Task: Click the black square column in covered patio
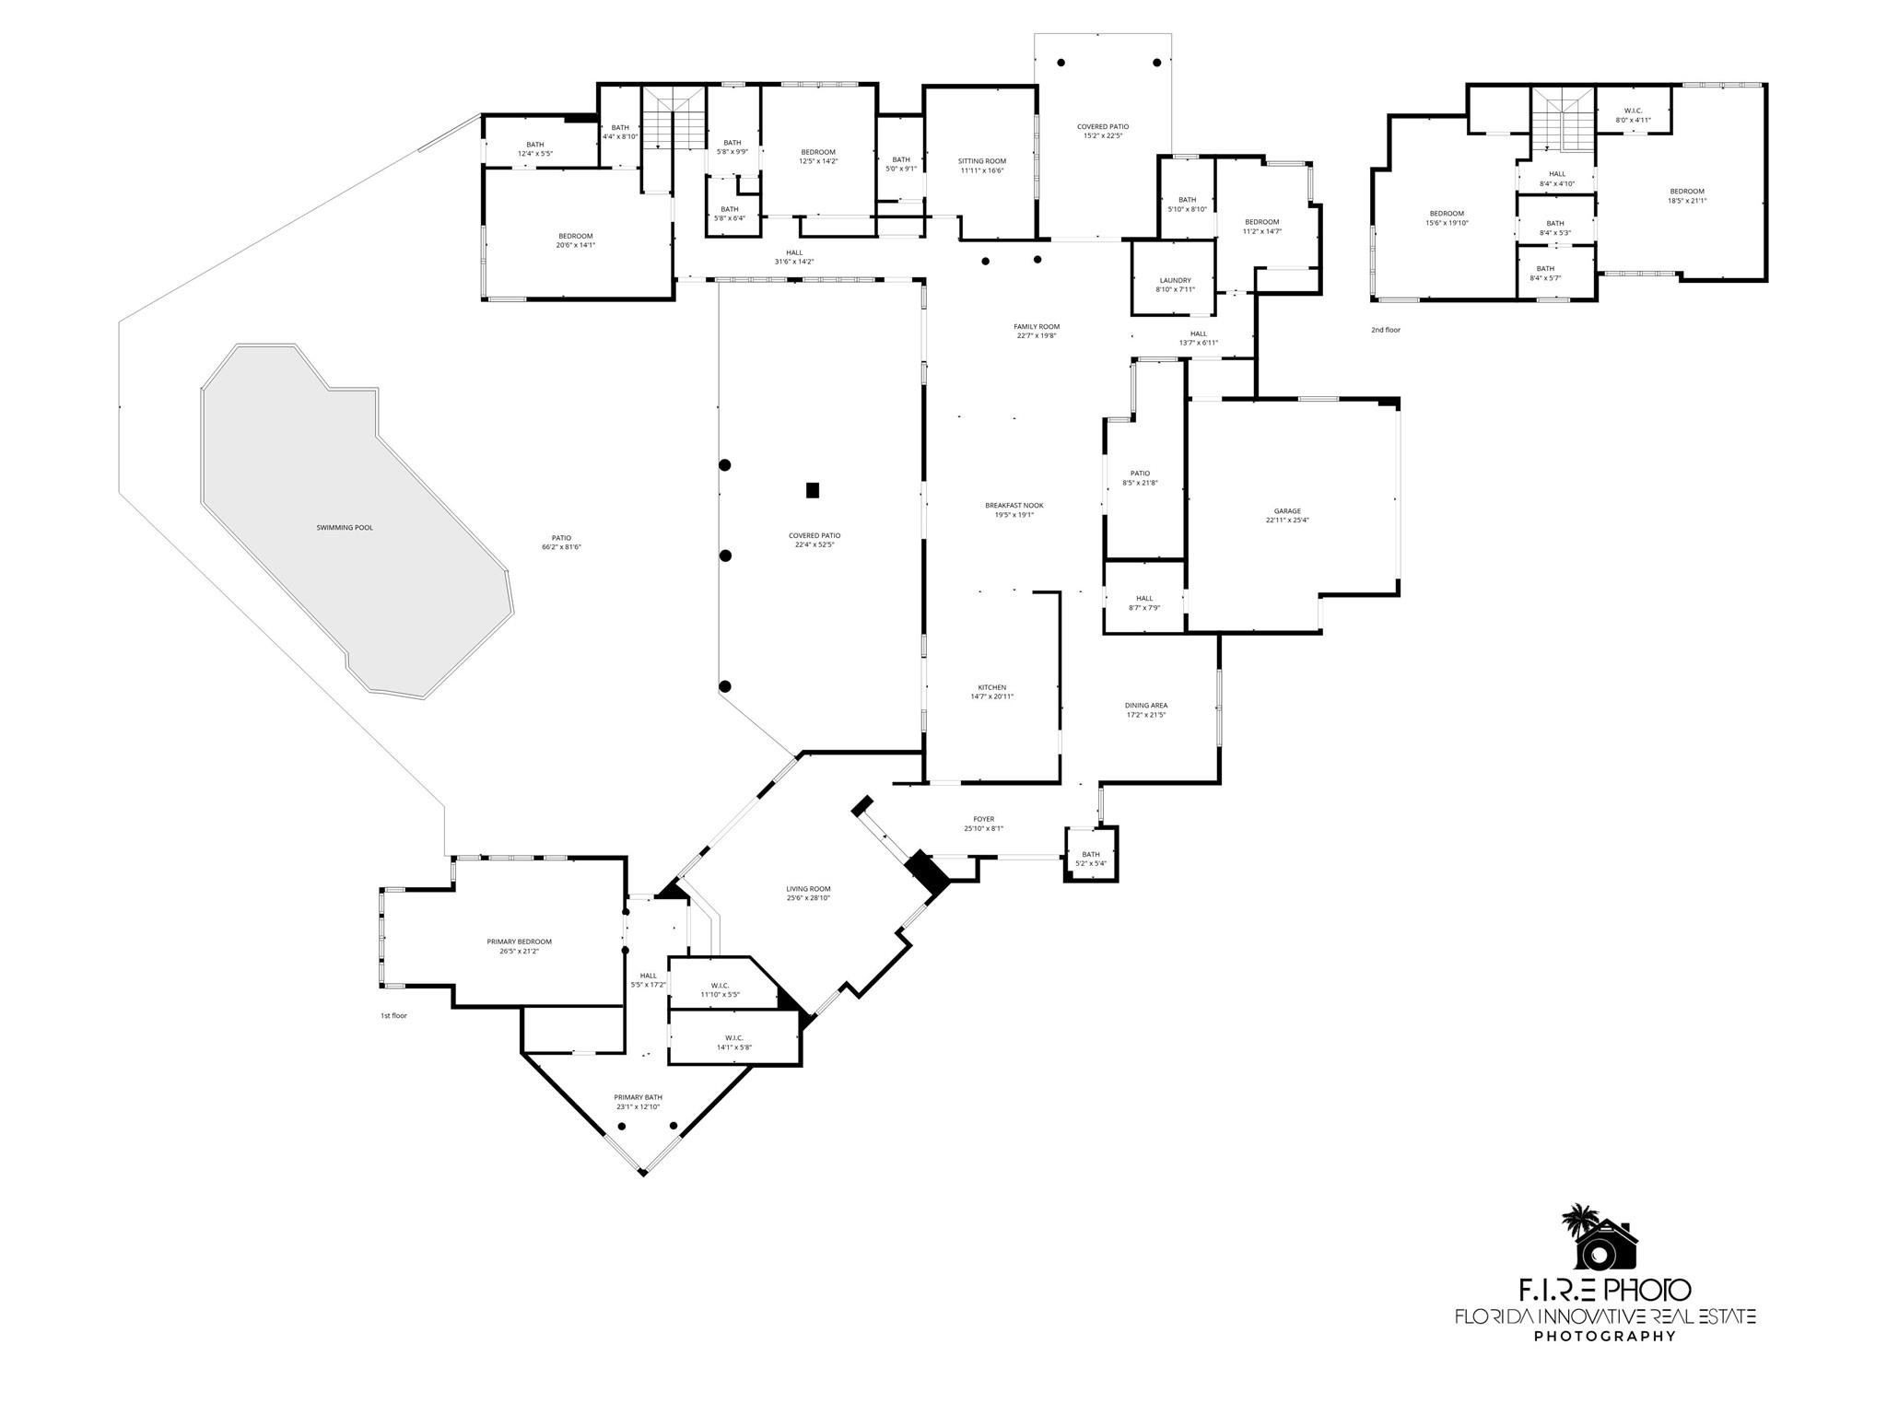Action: tap(813, 490)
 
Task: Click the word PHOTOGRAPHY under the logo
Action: tap(1604, 1362)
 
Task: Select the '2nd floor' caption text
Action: tap(1385, 330)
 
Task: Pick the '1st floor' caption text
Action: tap(393, 1015)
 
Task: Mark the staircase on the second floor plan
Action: tap(1563, 117)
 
